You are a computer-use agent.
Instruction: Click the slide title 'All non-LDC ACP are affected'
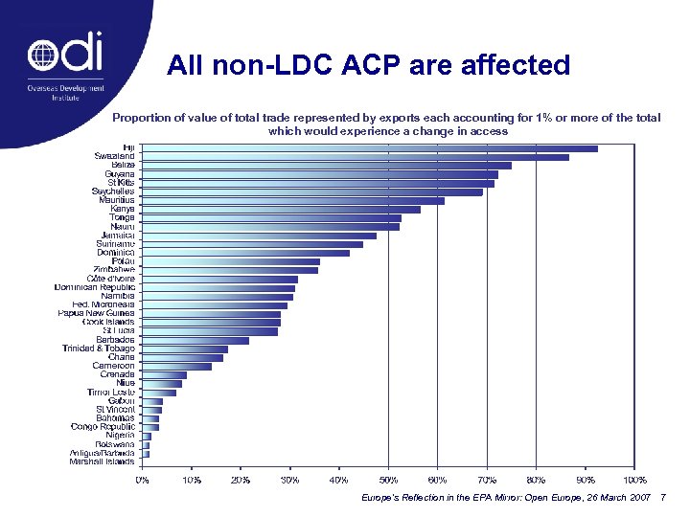point(368,65)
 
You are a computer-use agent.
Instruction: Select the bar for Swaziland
point(355,157)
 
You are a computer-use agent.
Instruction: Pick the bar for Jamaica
point(259,236)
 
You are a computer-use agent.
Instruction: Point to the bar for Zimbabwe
point(229,270)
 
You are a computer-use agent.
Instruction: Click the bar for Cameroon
point(176,366)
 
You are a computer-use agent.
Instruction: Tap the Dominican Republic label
point(95,287)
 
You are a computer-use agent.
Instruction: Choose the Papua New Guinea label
point(97,313)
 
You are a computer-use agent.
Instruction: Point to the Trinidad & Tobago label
point(99,348)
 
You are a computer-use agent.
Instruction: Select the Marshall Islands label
point(102,461)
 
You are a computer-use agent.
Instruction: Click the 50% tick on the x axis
point(388,479)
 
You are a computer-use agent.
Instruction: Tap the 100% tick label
point(634,479)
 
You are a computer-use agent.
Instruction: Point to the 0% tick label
point(141,479)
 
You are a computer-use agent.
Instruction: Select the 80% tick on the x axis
point(536,479)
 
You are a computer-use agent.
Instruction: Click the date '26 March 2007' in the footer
point(612,499)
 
